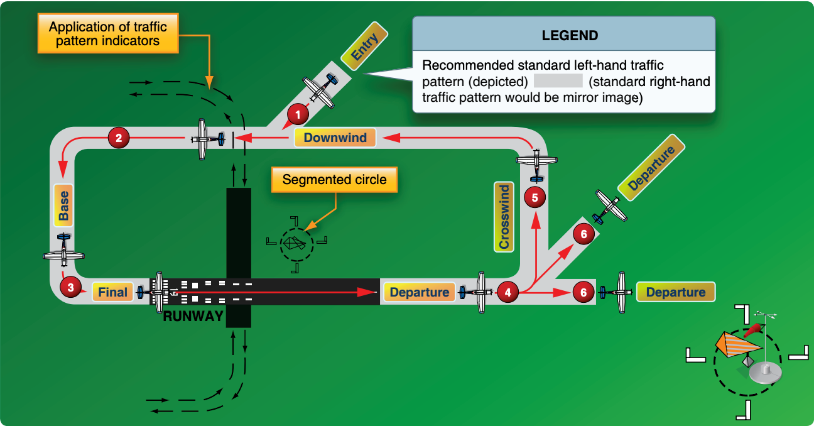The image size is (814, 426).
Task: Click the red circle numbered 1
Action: point(298,114)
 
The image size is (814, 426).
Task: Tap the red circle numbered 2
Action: point(119,138)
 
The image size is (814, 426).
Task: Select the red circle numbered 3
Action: point(71,287)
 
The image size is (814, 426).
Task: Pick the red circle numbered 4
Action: point(507,292)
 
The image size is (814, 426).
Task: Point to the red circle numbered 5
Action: point(535,197)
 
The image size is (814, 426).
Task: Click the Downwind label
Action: point(335,138)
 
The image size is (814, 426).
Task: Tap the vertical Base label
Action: point(63,205)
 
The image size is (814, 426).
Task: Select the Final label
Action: point(112,292)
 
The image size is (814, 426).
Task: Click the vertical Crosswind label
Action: point(504,217)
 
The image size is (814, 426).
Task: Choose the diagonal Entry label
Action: point(364,46)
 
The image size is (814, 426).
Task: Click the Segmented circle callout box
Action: point(334,180)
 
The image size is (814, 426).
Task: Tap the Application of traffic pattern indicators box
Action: point(108,33)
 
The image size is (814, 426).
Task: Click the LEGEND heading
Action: point(570,36)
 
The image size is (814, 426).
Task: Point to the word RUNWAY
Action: point(193,316)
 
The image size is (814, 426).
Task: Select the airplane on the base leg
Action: point(63,251)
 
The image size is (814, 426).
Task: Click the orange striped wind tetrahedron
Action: point(737,344)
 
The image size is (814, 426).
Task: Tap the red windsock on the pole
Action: point(753,330)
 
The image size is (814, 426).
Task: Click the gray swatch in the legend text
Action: point(558,80)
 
